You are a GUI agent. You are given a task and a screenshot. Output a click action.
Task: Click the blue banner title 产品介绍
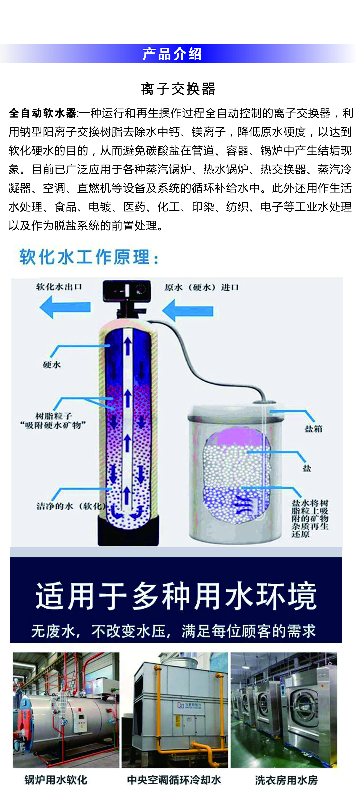(x=172, y=54)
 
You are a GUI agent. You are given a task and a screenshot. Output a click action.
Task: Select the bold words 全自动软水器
(x=42, y=113)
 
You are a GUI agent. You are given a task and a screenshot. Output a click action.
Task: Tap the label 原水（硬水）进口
(x=201, y=288)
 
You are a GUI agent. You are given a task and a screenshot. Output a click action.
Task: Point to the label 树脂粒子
(x=54, y=416)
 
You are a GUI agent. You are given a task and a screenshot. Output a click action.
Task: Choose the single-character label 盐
(x=307, y=468)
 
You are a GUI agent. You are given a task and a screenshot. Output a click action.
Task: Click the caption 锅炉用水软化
(x=56, y=780)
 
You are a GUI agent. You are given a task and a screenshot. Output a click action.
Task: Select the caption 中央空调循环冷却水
(x=174, y=780)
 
